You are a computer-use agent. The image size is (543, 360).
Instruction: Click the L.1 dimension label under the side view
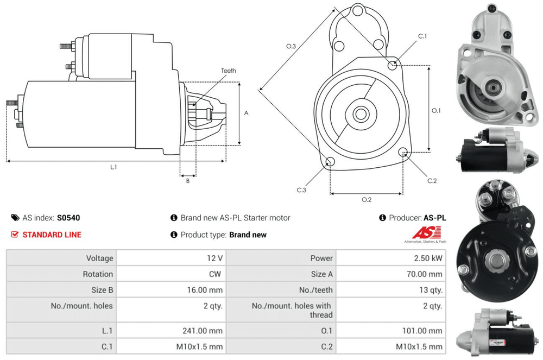coord(113,167)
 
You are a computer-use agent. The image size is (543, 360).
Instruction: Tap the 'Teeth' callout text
coord(229,71)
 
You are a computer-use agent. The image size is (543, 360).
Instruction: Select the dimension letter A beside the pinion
coord(246,113)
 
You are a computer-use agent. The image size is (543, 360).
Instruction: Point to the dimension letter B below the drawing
coord(188,181)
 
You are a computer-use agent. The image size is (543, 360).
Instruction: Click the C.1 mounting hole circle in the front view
coord(393,65)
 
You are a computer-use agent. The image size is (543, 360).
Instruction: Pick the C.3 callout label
coord(301,190)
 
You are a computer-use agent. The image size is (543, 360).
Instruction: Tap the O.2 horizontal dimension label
coord(367,199)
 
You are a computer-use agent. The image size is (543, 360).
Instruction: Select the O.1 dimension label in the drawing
coord(436,111)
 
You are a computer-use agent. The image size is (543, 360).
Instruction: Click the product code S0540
coord(68,218)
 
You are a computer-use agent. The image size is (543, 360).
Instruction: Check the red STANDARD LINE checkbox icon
coord(15,235)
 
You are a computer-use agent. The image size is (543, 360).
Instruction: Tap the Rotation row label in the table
coord(98,274)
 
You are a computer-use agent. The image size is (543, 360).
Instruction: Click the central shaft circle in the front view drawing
coord(360,114)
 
